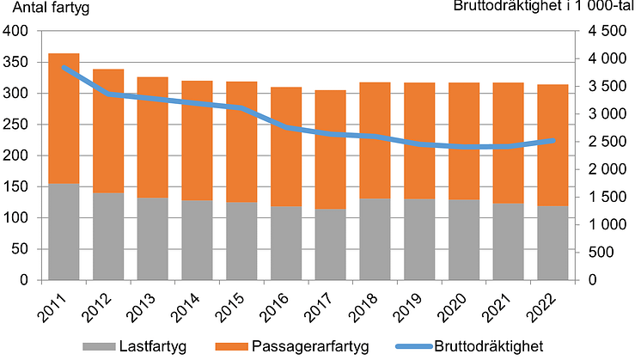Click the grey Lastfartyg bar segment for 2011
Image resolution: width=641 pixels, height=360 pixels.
pos(64,232)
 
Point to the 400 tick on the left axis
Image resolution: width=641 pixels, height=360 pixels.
pos(16,32)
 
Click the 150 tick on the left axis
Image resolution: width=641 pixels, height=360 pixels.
pos(16,187)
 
